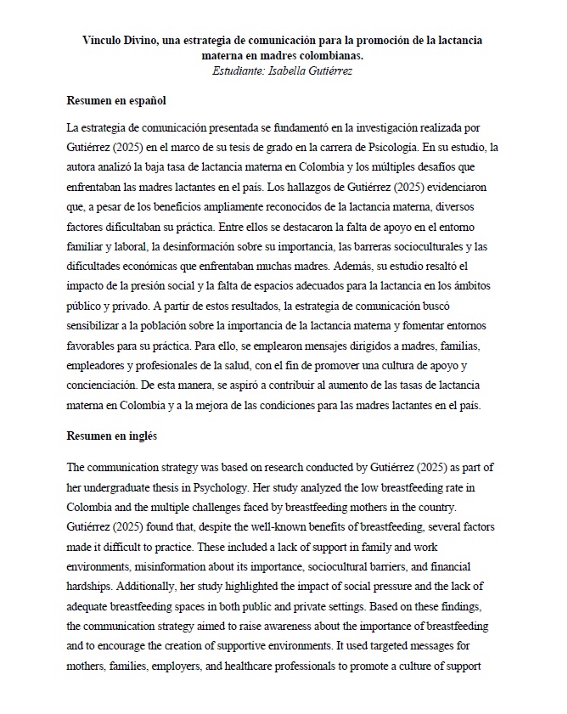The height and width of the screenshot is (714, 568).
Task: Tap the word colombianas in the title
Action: click(x=335, y=54)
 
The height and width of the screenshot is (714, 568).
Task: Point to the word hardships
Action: click(x=93, y=587)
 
